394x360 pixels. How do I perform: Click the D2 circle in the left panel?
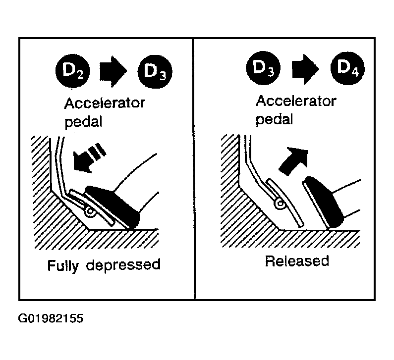[72, 71]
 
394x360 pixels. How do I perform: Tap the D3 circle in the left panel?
[155, 71]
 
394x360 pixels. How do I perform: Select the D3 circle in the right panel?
[263, 68]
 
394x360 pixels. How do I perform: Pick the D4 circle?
[347, 68]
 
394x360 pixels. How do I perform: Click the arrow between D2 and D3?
[113, 71]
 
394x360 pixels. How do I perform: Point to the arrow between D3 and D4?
[306, 69]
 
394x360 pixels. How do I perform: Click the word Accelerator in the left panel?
[105, 103]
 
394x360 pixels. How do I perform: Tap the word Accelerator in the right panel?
[296, 101]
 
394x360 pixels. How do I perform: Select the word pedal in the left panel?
[83, 122]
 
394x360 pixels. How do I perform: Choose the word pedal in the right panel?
[275, 119]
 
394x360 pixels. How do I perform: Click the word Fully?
[63, 265]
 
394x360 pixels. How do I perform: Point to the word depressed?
[123, 265]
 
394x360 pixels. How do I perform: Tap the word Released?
[297, 261]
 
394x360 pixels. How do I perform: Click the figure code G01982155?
[51, 318]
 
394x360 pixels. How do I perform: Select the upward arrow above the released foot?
[294, 161]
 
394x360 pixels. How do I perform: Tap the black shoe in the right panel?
[324, 202]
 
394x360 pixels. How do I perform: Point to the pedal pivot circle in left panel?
[90, 212]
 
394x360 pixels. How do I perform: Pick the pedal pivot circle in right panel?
[280, 203]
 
